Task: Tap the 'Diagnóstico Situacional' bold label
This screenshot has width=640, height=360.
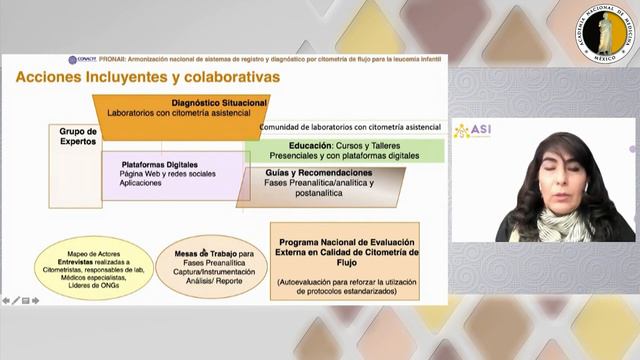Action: [219, 102]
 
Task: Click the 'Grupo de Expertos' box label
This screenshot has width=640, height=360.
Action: [78, 136]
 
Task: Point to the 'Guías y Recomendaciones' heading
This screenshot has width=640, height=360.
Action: [305, 172]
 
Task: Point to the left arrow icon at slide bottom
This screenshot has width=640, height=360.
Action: [7, 300]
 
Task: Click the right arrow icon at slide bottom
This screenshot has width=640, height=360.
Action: [35, 300]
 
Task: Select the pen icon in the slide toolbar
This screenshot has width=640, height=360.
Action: [16, 300]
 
